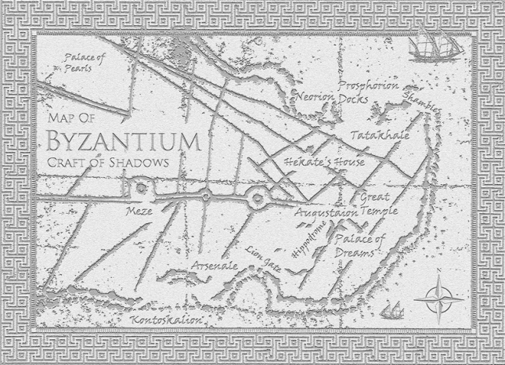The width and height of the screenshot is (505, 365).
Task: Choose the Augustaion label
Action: (326, 211)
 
